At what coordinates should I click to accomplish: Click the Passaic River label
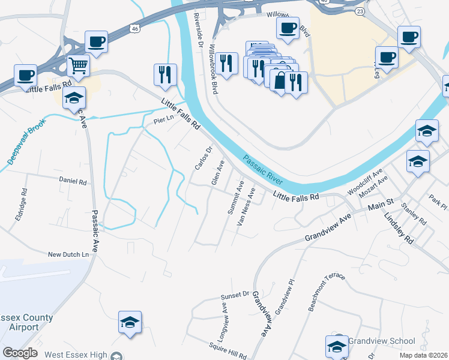(263, 170)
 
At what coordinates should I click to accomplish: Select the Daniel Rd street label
(73, 181)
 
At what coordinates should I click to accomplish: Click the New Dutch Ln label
(72, 255)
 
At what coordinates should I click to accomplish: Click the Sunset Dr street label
(234, 295)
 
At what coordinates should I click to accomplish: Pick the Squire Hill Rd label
(228, 350)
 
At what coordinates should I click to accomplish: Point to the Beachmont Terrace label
(327, 292)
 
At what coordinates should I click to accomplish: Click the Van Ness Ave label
(246, 206)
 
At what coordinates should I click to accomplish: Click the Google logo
(20, 353)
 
